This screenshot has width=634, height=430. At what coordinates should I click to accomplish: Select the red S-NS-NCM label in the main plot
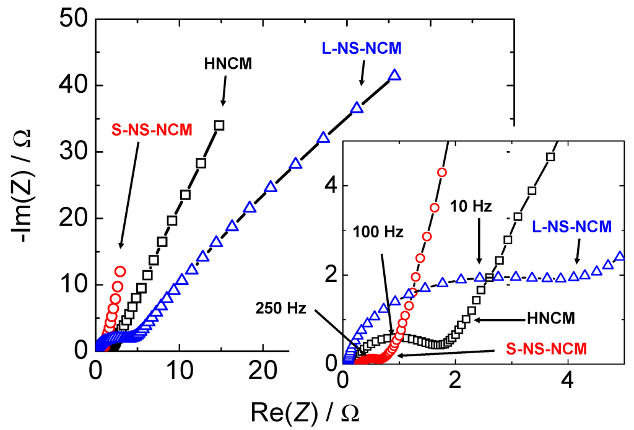click(x=152, y=129)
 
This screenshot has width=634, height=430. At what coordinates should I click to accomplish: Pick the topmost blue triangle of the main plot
click(x=395, y=76)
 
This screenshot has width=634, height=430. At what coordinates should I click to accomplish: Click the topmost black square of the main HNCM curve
click(x=219, y=125)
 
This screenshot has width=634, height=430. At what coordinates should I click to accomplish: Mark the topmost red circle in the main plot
click(x=120, y=271)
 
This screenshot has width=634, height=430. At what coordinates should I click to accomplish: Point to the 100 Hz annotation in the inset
click(x=378, y=233)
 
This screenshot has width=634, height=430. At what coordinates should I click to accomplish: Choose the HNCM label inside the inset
click(x=551, y=318)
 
